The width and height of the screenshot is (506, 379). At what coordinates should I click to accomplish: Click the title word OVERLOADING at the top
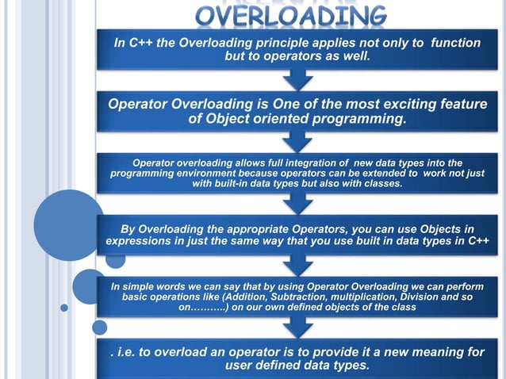pos(293,14)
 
